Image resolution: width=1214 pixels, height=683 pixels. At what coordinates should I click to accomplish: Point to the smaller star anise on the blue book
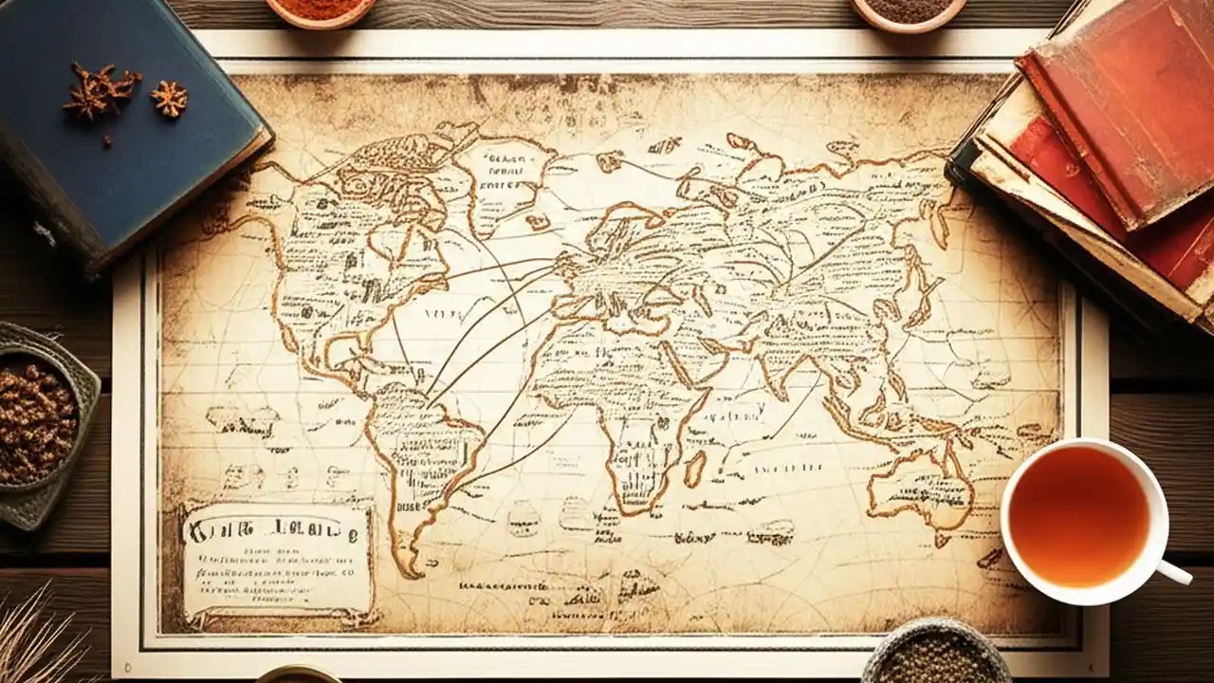coord(170,98)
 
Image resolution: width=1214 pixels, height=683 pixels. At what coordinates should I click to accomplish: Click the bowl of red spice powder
coord(321,9)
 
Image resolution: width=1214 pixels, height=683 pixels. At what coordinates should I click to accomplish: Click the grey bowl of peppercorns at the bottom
coord(934,655)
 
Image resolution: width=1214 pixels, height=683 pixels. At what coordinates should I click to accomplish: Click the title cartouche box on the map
coord(277,562)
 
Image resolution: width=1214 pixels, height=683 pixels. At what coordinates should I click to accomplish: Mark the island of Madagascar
coord(695,469)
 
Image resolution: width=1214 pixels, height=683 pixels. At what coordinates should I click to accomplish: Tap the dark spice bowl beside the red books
coord(908,11)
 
